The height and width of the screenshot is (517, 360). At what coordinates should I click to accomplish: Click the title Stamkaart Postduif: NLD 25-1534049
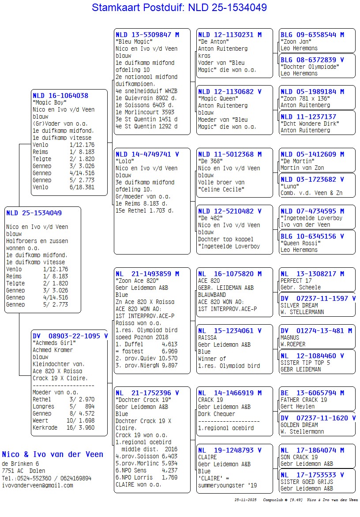pyautogui.click(x=179, y=7)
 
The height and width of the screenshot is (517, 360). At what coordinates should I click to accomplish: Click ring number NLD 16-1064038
pyautogui.click(x=60, y=95)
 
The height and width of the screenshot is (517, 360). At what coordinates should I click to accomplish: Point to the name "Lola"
pyautogui.click(x=125, y=161)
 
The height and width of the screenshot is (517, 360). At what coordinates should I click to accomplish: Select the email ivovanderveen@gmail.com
pyautogui.click(x=37, y=485)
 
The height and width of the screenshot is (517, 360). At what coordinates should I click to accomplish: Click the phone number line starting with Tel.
pyautogui.click(x=47, y=478)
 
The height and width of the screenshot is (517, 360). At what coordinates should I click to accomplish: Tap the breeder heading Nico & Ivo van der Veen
pyautogui.click(x=52, y=454)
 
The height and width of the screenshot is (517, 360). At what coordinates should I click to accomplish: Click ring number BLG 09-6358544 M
pyautogui.click(x=312, y=35)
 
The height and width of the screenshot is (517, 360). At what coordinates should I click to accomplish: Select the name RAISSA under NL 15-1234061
pyautogui.click(x=207, y=337)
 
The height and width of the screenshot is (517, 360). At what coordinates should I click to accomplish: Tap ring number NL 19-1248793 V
pyautogui.click(x=229, y=450)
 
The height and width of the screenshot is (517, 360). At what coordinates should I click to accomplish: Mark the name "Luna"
pyautogui.click(x=290, y=186)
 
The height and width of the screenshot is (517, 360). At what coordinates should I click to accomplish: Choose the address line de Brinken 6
pyautogui.click(x=20, y=464)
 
